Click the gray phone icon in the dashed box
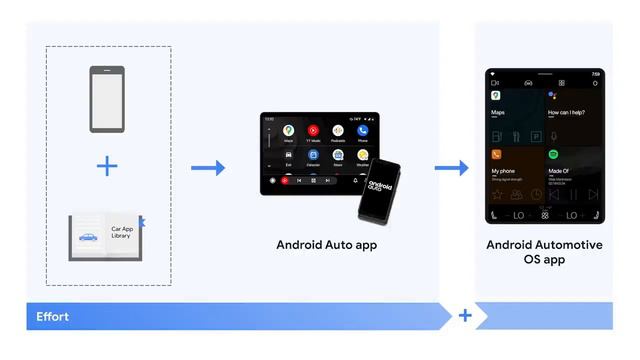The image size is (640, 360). [107, 99]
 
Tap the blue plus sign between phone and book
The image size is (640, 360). [107, 166]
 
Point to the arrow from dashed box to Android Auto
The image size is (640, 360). [207, 167]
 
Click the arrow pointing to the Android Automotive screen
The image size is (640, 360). [451, 167]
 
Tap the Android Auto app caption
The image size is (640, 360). [327, 244]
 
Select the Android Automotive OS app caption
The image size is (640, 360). [544, 252]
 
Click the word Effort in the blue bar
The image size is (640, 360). [52, 316]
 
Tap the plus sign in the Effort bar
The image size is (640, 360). [465, 316]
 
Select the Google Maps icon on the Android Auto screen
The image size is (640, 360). [288, 131]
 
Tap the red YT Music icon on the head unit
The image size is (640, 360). [313, 131]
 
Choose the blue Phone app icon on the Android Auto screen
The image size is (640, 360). [363, 131]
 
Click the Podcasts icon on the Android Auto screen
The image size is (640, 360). [338, 131]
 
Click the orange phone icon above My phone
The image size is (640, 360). [496, 155]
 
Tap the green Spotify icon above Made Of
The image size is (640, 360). [553, 155]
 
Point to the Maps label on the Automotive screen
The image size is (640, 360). [498, 113]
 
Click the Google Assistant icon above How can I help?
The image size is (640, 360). [552, 95]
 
